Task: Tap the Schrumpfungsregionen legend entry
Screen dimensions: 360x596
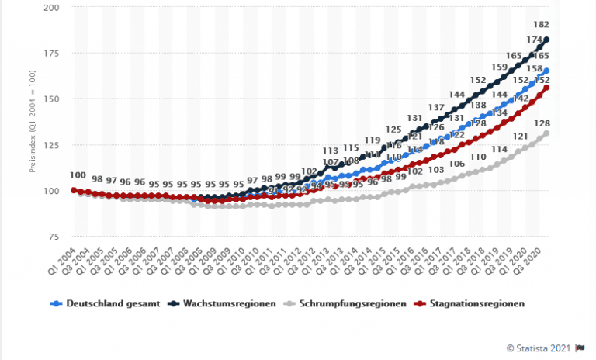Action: (350, 304)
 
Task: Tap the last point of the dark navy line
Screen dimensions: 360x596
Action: (547, 40)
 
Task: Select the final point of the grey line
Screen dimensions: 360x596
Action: (547, 133)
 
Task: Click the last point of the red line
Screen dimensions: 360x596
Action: (547, 88)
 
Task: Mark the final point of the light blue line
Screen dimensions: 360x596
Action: (547, 71)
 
